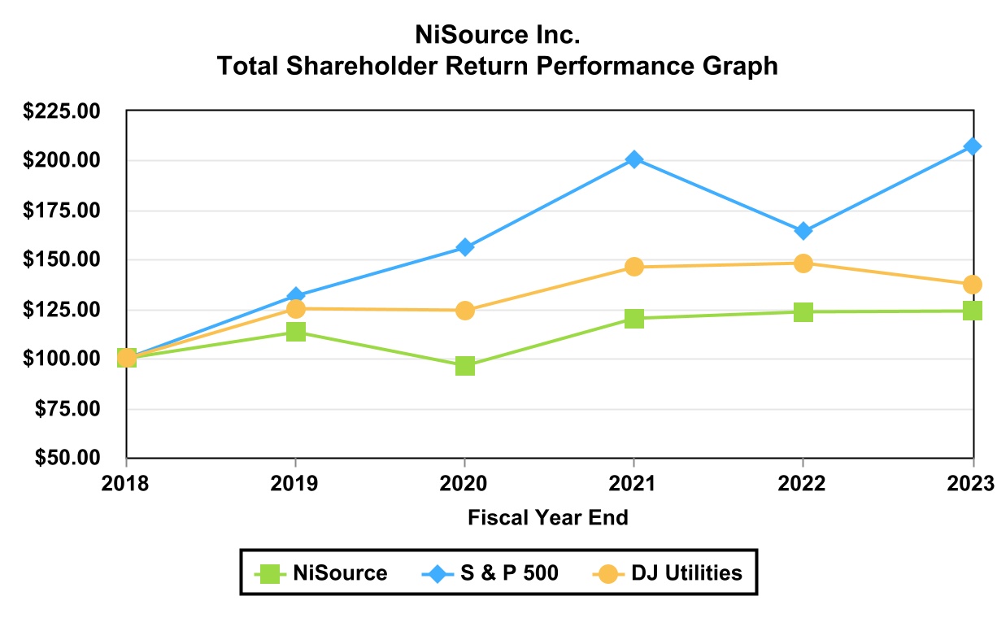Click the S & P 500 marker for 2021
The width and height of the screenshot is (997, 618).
pyautogui.click(x=634, y=159)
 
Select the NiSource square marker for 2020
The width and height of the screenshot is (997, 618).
pyautogui.click(x=465, y=365)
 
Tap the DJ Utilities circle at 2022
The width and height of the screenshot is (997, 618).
pyautogui.click(x=803, y=263)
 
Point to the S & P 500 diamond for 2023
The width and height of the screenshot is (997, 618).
pyautogui.click(x=973, y=146)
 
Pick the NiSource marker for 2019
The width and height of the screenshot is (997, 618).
pyautogui.click(x=296, y=332)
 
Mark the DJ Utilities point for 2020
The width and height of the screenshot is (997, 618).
pyautogui.click(x=465, y=310)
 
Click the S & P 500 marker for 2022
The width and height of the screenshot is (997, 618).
pyautogui.click(x=803, y=231)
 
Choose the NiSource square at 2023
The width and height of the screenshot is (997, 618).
pyautogui.click(x=973, y=311)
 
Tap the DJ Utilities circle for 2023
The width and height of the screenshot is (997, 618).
pyautogui.click(x=973, y=285)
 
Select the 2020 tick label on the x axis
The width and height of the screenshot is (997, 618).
pyautogui.click(x=464, y=483)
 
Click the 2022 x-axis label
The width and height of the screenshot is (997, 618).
pyautogui.click(x=803, y=483)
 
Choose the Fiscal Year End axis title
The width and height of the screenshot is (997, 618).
pyautogui.click(x=548, y=517)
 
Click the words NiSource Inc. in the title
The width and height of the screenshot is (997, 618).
pyautogui.click(x=498, y=36)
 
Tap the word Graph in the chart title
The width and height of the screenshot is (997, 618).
pyautogui.click(x=738, y=66)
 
